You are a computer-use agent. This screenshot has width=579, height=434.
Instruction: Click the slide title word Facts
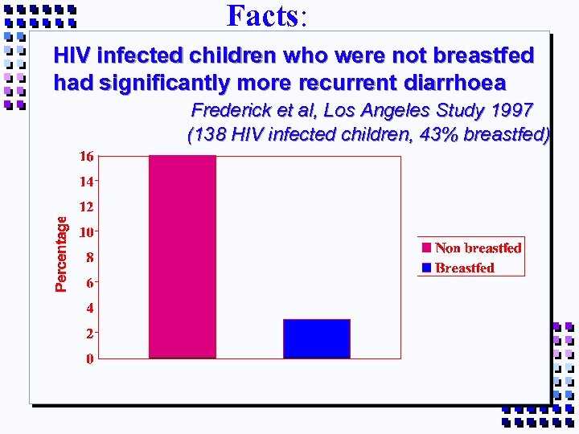pos(262,15)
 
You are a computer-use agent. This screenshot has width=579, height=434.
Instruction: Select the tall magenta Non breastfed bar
pos(183,256)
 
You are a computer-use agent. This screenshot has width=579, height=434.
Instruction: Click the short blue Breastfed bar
pos(317,338)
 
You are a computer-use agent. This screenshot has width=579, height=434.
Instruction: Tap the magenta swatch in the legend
pos(426,248)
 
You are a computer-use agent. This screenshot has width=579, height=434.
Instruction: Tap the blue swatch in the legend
pos(426,268)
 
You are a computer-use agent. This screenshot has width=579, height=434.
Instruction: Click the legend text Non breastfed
pos(478,248)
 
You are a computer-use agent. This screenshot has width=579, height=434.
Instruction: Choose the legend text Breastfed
pos(465,268)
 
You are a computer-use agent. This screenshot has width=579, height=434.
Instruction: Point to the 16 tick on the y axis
pos(86,156)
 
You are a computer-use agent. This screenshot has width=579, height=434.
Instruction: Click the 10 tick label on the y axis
pos(86,231)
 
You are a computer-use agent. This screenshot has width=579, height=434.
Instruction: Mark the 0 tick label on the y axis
pos(90,358)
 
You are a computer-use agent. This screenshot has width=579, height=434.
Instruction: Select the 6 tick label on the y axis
pos(90,282)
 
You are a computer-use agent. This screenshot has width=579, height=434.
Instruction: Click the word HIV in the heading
pos(71,55)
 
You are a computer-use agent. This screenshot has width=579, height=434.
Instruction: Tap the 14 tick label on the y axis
pos(86,182)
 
